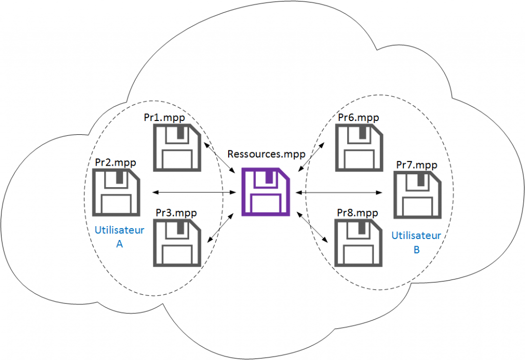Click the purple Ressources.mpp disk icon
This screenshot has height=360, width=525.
click(266, 192)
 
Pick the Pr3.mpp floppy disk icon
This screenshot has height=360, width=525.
click(175, 242)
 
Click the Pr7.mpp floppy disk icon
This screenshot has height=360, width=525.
click(417, 195)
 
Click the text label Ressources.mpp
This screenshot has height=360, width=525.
click(266, 154)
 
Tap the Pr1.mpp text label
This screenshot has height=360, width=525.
click(164, 117)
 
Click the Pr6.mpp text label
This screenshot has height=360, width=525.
click(358, 117)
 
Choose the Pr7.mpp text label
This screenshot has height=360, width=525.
click(417, 165)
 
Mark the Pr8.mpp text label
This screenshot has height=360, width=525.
click(358, 212)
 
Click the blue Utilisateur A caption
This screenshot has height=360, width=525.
click(119, 237)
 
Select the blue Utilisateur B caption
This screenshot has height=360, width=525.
click(416, 243)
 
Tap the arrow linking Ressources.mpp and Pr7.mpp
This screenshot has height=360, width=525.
click(339, 193)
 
